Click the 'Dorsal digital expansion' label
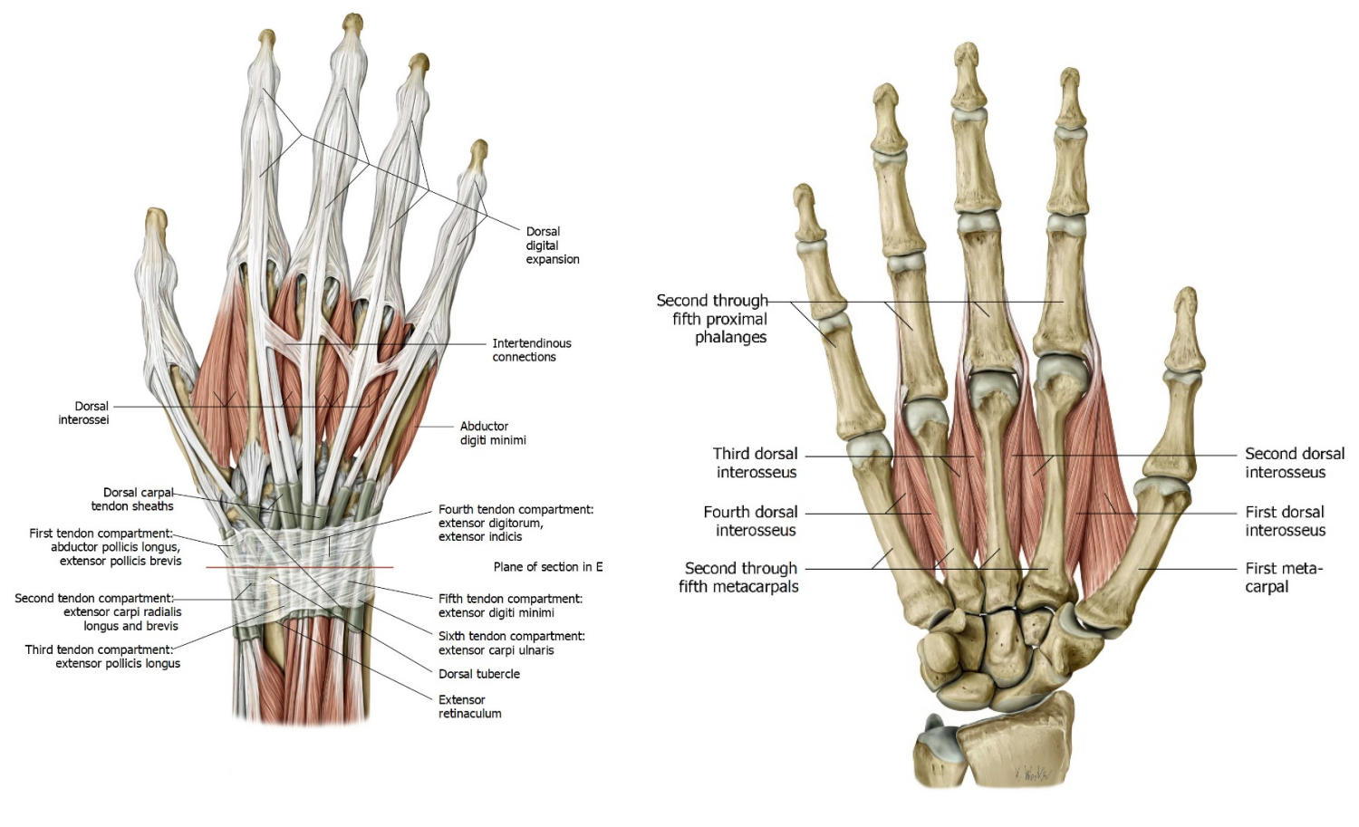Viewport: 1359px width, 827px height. (x=552, y=245)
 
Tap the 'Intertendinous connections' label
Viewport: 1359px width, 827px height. (x=532, y=351)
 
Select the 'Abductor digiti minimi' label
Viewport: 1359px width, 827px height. (x=493, y=433)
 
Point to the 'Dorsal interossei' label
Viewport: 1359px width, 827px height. (x=83, y=412)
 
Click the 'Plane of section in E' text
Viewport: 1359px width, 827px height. (x=548, y=567)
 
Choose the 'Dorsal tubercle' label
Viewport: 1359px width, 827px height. (x=478, y=674)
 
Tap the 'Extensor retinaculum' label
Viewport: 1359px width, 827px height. (x=469, y=707)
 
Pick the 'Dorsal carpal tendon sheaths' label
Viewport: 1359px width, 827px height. (x=132, y=499)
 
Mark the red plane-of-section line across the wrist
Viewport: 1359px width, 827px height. (x=300, y=567)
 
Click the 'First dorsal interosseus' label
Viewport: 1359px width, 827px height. (x=1285, y=521)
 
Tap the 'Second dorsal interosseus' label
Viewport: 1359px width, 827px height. (x=1295, y=462)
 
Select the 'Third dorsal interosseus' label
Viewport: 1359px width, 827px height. (x=756, y=462)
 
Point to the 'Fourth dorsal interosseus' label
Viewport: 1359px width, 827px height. (x=750, y=521)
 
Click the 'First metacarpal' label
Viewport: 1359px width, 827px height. (x=1284, y=577)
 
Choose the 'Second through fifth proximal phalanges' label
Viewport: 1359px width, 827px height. (x=712, y=319)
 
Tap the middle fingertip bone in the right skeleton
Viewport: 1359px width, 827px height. (x=967, y=76)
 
